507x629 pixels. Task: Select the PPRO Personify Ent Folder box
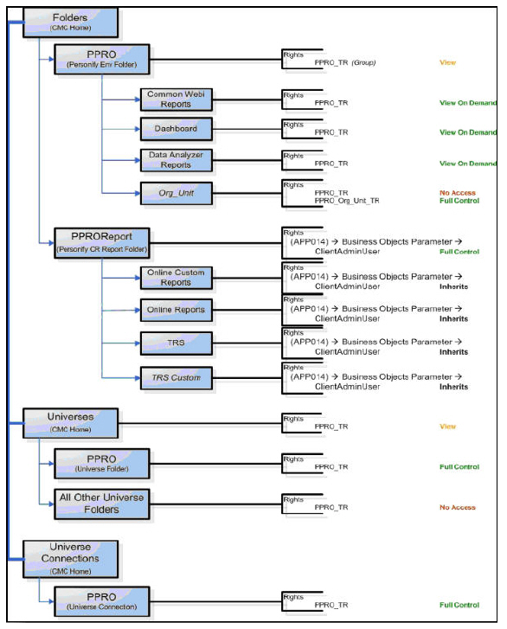point(101,56)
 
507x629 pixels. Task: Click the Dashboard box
point(176,129)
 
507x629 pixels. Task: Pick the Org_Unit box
point(176,191)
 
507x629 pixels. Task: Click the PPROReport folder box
point(101,240)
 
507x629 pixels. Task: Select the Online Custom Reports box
point(176,277)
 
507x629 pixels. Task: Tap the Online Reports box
point(176,309)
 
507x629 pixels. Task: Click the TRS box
point(176,343)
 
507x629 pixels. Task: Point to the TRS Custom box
point(176,377)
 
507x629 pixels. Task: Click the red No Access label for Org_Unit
point(457,192)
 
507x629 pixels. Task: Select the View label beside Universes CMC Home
point(447,427)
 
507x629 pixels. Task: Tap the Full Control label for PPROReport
point(459,252)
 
